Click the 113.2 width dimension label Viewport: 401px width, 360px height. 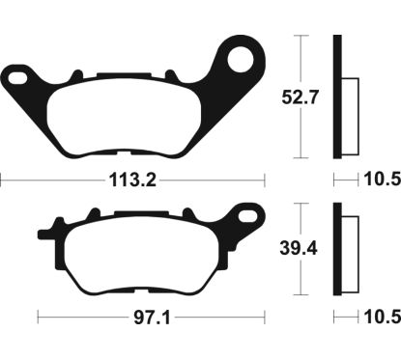pyautogui.click(x=132, y=180)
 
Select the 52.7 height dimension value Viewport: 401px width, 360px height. pyautogui.click(x=300, y=97)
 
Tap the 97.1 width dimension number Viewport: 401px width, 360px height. pyautogui.click(x=152, y=318)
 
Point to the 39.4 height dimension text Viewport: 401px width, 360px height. pyautogui.click(x=299, y=248)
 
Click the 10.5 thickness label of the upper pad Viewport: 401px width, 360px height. pyautogui.click(x=383, y=180)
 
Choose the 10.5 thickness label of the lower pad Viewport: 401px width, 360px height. pyautogui.click(x=383, y=318)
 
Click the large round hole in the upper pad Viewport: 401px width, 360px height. pyautogui.click(x=241, y=59)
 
